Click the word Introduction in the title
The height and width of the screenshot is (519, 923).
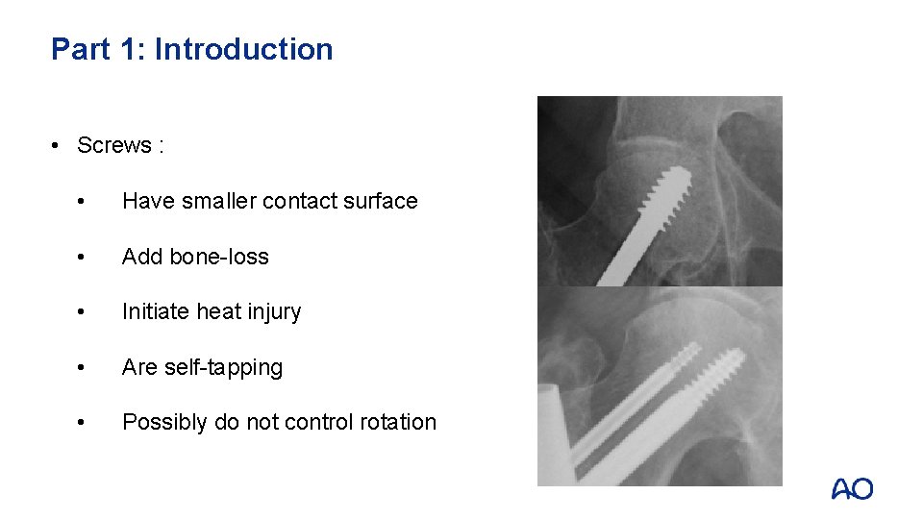(x=244, y=49)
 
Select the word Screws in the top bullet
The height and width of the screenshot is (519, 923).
(x=114, y=145)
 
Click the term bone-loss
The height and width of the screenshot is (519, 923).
(x=219, y=257)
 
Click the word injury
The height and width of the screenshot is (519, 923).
(x=274, y=311)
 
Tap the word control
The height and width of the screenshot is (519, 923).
(x=319, y=422)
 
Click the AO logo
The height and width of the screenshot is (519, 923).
(x=852, y=489)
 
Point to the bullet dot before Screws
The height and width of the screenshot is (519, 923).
(x=59, y=145)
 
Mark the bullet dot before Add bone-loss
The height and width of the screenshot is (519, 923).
(x=87, y=257)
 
